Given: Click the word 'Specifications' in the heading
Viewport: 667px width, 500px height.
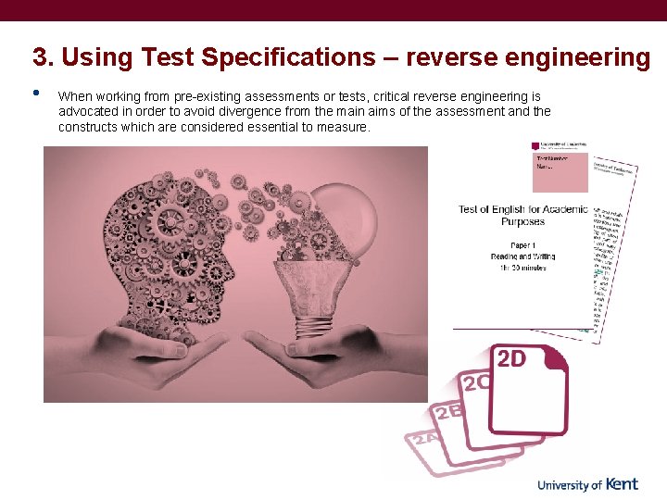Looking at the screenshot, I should [285, 57].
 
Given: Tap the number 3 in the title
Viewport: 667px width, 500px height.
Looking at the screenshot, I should [40, 57].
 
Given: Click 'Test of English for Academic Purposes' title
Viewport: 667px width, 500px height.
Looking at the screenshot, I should [523, 215].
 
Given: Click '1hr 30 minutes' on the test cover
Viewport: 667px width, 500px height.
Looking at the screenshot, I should [523, 268].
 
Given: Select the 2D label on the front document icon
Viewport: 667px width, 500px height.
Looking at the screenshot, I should [512, 359].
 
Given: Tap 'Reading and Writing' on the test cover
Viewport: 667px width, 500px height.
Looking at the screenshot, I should [523, 256].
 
